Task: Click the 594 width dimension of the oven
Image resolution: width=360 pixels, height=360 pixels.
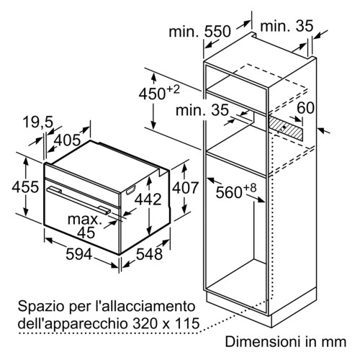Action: [78, 254]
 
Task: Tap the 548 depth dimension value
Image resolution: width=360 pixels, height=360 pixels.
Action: [149, 254]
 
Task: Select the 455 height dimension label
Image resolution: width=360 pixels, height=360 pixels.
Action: [25, 187]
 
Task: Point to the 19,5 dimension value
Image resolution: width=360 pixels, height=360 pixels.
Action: [38, 122]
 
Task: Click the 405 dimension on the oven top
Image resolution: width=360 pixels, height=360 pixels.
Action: [67, 140]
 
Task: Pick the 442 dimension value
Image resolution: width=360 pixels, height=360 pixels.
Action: [148, 199]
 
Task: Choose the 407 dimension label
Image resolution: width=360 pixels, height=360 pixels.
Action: [185, 187]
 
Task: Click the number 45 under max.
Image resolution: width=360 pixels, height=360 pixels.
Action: [86, 233]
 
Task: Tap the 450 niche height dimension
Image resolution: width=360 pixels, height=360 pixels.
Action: [152, 94]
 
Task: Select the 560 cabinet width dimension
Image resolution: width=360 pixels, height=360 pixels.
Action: [229, 192]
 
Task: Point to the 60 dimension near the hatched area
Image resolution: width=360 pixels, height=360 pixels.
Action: [305, 108]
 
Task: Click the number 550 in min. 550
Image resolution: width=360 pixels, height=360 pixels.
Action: [217, 32]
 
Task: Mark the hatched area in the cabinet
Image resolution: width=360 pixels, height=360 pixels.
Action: [286, 127]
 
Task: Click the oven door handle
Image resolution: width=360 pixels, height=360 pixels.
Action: [78, 201]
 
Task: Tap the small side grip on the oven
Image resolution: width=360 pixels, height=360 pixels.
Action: [131, 189]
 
